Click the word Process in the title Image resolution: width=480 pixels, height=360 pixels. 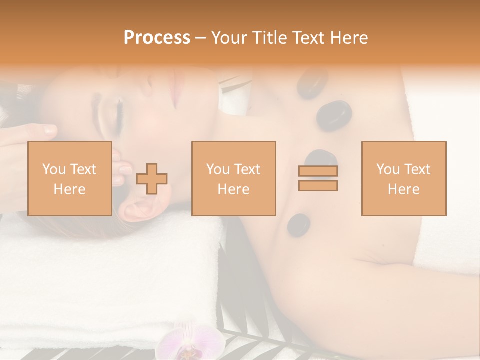157,38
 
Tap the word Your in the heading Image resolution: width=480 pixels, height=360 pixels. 229,38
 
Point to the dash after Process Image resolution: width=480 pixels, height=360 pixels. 200,38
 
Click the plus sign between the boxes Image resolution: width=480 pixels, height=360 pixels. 152,179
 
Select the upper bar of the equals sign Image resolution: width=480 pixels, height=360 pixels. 318,171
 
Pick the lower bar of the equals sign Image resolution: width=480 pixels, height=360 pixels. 318,186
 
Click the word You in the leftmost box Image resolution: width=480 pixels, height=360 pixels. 54,169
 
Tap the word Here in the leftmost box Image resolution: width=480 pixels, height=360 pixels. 69,189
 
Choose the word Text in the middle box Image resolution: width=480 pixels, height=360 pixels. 247,169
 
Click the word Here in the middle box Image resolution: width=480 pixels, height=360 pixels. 233,189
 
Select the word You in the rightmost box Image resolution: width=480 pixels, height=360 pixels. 388,169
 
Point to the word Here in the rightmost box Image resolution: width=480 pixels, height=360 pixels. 403,189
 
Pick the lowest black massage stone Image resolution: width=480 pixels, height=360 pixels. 298,224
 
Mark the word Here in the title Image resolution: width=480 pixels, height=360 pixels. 348,38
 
